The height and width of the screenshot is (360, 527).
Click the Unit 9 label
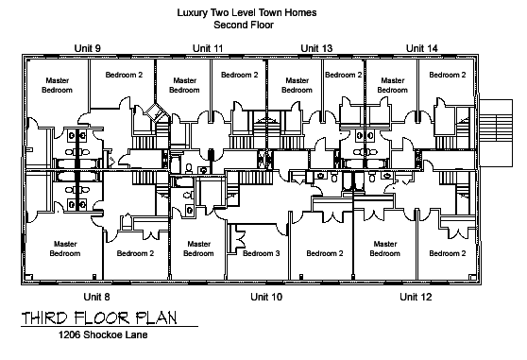[88, 48]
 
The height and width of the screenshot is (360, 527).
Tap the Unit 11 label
[208, 48]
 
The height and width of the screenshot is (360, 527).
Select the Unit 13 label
[316, 48]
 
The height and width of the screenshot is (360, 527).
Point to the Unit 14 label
[422, 48]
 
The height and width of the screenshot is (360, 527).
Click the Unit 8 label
[96, 297]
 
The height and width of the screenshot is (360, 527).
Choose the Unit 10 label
[266, 297]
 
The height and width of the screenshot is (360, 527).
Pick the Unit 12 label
[416, 297]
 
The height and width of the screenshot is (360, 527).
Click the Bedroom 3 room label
[262, 253]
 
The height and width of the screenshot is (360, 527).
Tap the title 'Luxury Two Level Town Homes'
[246, 13]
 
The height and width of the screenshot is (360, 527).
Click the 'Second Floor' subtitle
[244, 25]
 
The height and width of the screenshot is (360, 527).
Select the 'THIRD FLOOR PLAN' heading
[99, 318]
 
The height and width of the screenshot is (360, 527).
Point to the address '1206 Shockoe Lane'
[103, 334]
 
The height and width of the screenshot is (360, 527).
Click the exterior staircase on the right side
[496, 133]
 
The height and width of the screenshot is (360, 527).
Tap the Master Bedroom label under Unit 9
[57, 85]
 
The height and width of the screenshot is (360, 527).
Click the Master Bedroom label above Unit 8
[65, 249]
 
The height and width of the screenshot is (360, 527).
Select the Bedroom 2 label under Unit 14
[448, 75]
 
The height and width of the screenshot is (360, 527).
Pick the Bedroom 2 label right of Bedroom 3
[325, 253]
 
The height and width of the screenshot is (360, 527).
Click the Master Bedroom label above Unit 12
[385, 249]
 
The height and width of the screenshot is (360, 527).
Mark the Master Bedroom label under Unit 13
[297, 85]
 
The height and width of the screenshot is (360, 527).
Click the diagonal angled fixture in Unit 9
[157, 113]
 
